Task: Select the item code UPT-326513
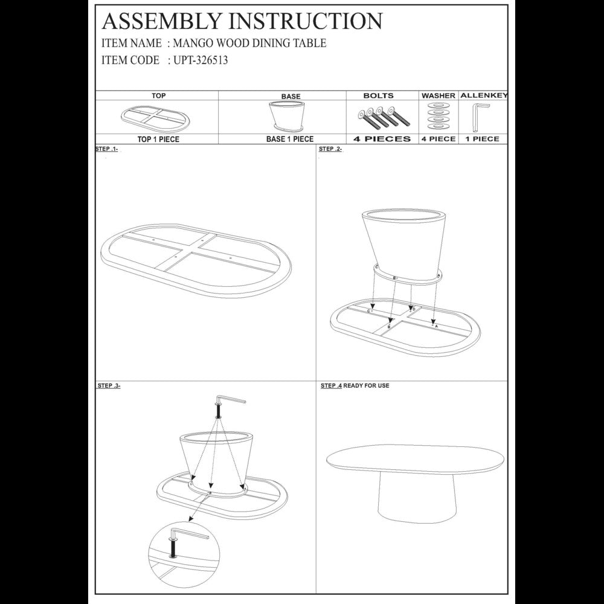tap(201, 60)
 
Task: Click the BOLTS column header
tap(378, 95)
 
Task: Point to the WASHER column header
tap(439, 95)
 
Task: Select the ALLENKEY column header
tap(484, 95)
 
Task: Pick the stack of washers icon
tap(439, 115)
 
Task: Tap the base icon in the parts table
tap(288, 115)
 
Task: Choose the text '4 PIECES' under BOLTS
tap(382, 139)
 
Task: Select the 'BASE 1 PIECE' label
tap(290, 139)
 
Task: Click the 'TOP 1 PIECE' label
tap(158, 139)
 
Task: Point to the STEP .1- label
tap(106, 149)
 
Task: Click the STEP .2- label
tap(330, 149)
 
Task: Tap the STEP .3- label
tap(109, 385)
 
